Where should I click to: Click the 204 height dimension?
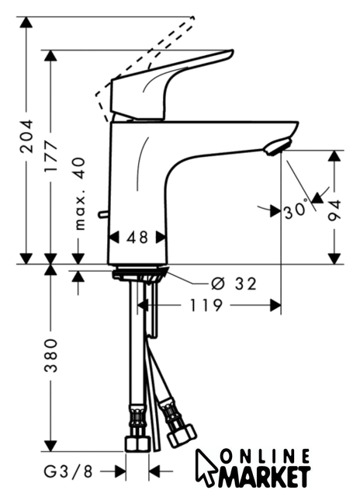click(26, 137)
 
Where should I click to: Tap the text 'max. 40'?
click(79, 193)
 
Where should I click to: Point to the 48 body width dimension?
click(137, 238)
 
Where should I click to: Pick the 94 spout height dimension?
click(334, 210)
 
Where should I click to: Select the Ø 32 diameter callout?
click(234, 283)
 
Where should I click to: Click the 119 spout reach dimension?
click(206, 305)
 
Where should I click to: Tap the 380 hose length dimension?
click(51, 356)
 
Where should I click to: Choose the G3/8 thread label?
click(68, 471)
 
